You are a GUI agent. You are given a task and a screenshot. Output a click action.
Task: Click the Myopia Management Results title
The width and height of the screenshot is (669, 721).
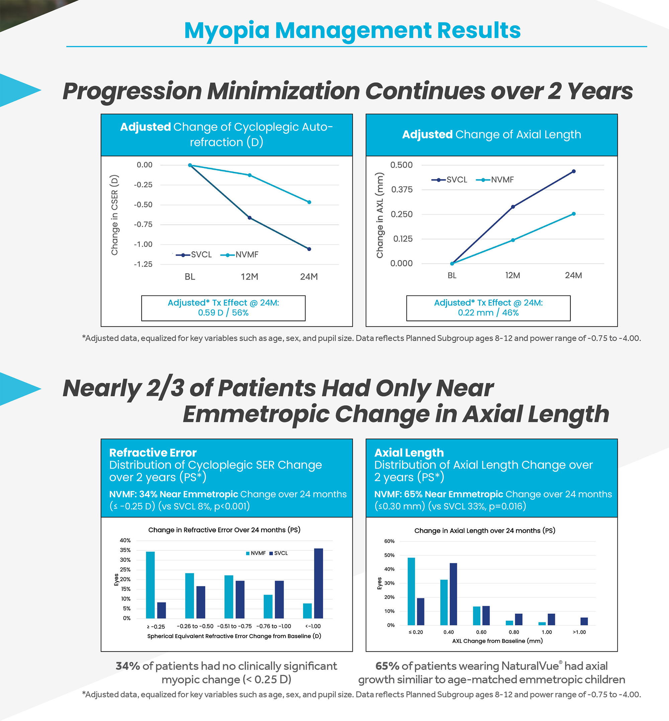click(352, 30)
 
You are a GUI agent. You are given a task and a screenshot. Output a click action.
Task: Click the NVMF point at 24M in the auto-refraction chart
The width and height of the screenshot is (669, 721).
click(309, 202)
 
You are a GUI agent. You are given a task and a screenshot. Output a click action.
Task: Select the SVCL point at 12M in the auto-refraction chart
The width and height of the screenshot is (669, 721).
click(250, 217)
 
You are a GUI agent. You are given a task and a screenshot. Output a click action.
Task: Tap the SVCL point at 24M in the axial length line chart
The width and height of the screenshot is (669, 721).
click(573, 171)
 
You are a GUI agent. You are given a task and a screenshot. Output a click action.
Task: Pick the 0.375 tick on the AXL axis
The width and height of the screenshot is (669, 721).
click(401, 190)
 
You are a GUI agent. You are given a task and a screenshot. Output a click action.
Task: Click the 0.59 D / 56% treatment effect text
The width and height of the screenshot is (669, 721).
click(223, 313)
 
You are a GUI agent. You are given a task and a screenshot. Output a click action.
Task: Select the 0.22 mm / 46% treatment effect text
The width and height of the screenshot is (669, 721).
click(488, 313)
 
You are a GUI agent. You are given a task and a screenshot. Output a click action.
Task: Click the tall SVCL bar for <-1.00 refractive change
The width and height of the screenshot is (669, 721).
click(318, 583)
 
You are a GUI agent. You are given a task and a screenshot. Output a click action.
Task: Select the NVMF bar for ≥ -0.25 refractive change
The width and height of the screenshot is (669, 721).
click(150, 585)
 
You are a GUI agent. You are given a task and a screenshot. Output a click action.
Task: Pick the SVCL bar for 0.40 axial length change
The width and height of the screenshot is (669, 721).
click(453, 594)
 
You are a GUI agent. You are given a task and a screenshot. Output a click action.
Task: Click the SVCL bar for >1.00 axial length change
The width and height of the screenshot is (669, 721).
click(584, 621)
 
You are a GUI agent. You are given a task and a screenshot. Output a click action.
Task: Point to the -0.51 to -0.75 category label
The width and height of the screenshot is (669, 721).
click(234, 626)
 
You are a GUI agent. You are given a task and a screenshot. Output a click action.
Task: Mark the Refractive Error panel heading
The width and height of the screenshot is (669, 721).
click(153, 452)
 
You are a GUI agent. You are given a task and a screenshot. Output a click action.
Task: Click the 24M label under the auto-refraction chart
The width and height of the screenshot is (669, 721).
click(309, 277)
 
